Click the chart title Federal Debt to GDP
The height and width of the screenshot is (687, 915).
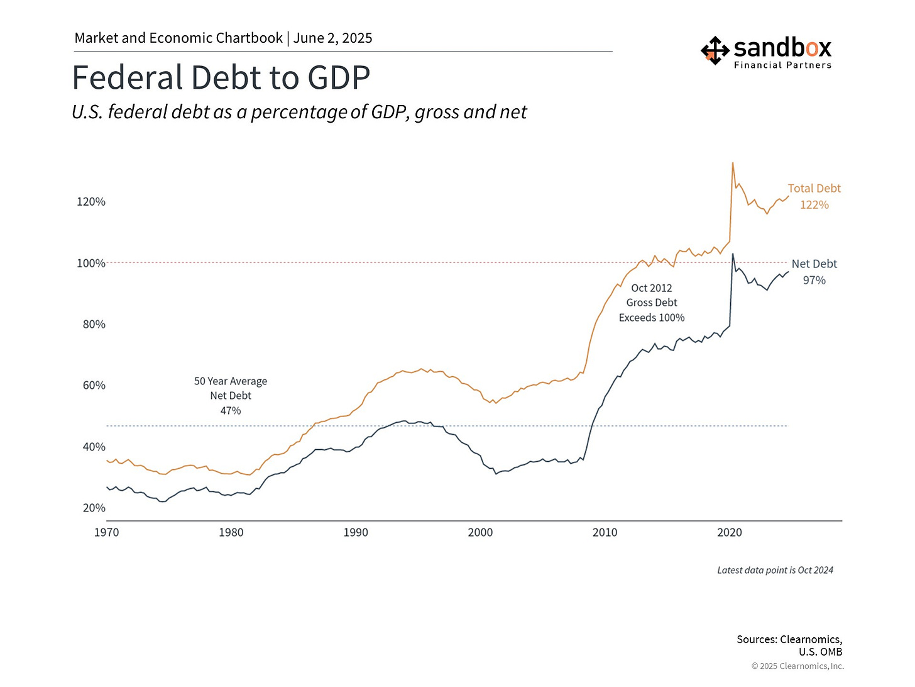tap(221, 78)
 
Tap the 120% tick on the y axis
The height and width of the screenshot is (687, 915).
tap(91, 202)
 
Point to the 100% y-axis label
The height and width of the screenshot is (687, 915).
tap(91, 263)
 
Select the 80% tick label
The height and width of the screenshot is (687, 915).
tap(94, 325)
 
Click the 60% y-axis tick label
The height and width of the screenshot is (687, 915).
tap(94, 386)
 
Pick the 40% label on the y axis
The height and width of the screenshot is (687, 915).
tap(94, 447)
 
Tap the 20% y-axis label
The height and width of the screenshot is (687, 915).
tap(94, 508)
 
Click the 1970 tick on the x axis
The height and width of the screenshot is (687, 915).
tap(107, 533)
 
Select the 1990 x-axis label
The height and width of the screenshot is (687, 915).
tap(356, 533)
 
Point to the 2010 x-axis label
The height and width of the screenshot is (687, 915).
tap(605, 533)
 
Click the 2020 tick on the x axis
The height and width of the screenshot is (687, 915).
tap(730, 533)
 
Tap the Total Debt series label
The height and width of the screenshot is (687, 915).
tap(814, 189)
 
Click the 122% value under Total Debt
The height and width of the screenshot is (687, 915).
tap(814, 205)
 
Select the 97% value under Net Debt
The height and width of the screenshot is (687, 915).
tap(814, 281)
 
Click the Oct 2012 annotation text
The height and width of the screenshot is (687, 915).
tap(652, 288)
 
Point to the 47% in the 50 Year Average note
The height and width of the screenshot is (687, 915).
tap(231, 411)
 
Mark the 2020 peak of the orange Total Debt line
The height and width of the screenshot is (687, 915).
tap(733, 163)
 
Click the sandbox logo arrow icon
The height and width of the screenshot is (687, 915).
tap(715, 50)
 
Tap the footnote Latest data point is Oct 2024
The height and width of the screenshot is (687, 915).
tap(775, 571)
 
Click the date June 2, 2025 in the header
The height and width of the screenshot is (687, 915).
tap(332, 38)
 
